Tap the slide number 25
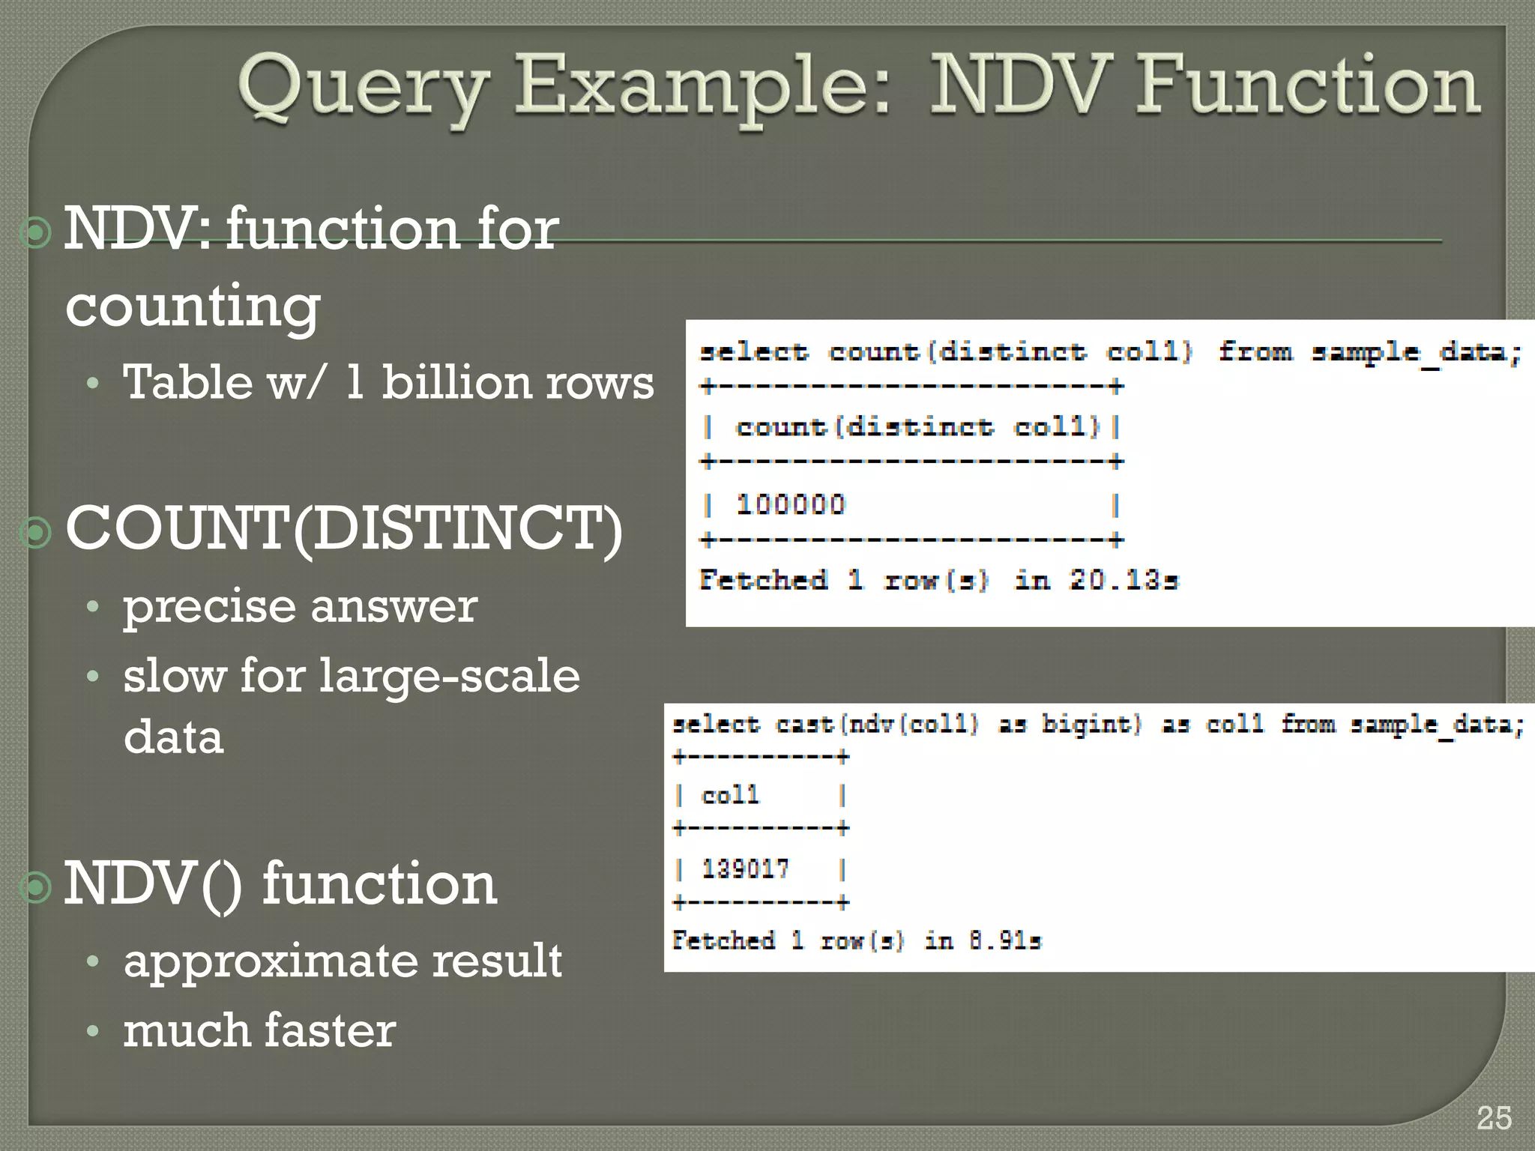(x=1494, y=1119)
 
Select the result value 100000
(x=791, y=504)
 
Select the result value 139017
(x=745, y=868)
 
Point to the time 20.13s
(x=1124, y=580)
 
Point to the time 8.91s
(x=1004, y=940)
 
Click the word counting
(x=193, y=306)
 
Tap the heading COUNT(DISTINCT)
(x=344, y=529)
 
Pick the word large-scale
(x=450, y=676)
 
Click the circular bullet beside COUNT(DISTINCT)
(x=35, y=532)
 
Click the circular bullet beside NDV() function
(x=35, y=887)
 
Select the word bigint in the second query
(x=1091, y=724)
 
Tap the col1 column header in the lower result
(x=730, y=794)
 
